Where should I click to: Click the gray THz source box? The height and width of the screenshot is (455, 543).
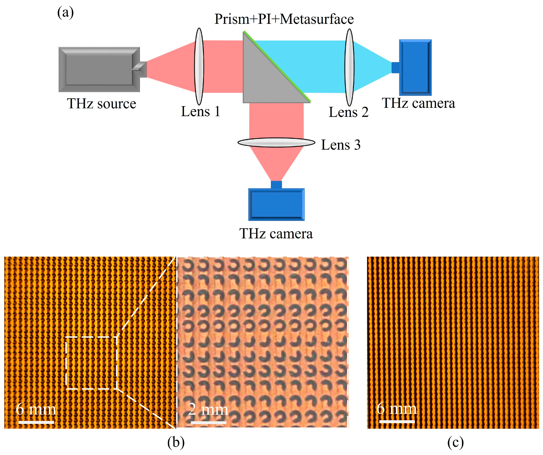click(99, 69)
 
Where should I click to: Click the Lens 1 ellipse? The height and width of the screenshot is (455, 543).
click(199, 66)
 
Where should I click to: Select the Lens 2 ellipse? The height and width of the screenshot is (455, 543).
click(349, 67)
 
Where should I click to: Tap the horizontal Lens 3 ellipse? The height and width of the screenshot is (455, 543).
click(276, 142)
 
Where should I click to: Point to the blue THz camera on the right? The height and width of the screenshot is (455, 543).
click(415, 68)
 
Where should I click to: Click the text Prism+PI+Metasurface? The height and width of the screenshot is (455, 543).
click(284, 19)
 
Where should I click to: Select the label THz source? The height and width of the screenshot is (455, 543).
click(101, 104)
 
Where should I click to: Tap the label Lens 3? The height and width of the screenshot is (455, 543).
click(341, 145)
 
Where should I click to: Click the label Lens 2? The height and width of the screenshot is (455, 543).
click(348, 112)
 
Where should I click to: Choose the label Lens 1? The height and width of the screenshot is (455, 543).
click(200, 112)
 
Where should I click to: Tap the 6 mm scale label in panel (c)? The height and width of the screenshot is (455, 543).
click(396, 409)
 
